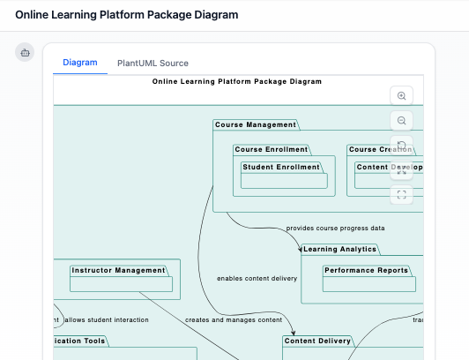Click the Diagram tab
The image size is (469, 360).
tap(79, 63)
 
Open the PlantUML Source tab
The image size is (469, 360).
tap(153, 64)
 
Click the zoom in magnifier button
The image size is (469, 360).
tap(402, 96)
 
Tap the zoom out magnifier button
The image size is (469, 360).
tap(402, 121)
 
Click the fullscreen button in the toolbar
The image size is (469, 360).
tap(402, 195)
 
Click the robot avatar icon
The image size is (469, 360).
tap(25, 53)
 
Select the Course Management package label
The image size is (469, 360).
tap(256, 125)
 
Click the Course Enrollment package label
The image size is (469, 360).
tap(272, 150)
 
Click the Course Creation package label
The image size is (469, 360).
tap(380, 150)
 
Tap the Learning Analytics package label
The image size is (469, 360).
tap(339, 250)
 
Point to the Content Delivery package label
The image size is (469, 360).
tap(318, 341)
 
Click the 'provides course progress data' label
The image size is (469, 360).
tap(335, 229)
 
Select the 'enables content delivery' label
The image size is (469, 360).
tap(257, 279)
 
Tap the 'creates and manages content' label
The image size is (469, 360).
tap(233, 319)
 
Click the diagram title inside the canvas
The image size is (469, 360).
tap(236, 81)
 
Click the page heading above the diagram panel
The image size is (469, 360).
tap(126, 15)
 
